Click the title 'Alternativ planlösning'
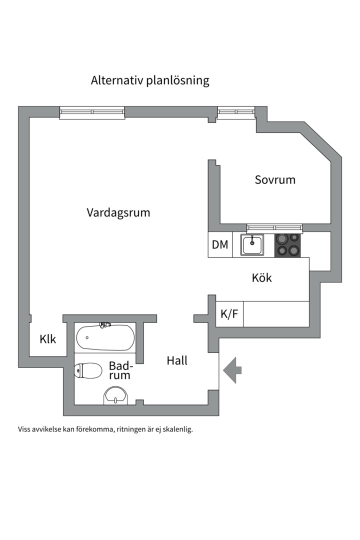point(150,80)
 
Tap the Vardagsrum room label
point(118,212)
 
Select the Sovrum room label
point(275,179)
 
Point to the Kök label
point(262,277)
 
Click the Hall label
point(177,360)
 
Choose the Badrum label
point(119,370)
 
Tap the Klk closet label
point(48,339)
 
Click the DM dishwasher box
point(220,245)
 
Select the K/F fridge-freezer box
point(229,314)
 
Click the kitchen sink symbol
point(252,244)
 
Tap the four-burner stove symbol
point(287,244)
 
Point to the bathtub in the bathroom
point(105,337)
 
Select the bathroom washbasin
point(116,396)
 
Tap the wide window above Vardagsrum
point(92,112)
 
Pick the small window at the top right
point(236,112)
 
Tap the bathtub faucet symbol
point(104,325)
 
